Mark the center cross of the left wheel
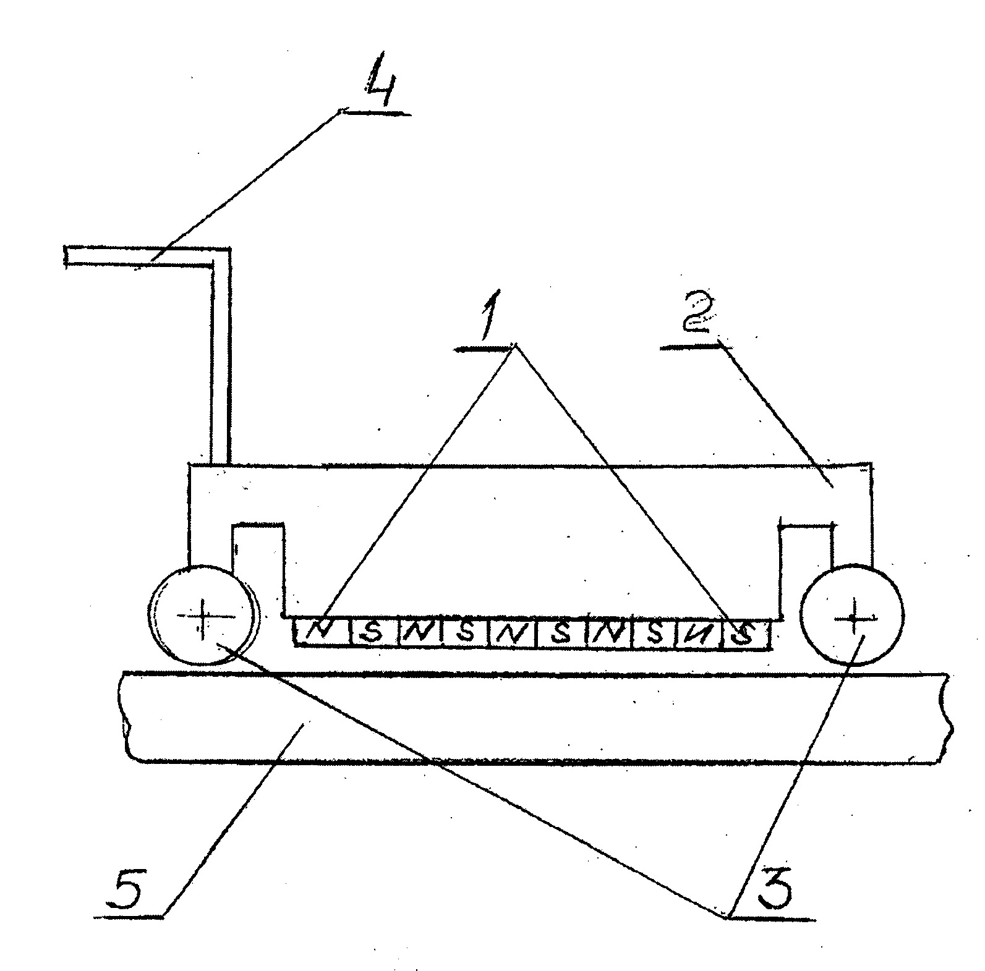(x=203, y=616)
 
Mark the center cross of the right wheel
(x=854, y=616)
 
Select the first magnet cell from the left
(x=321, y=632)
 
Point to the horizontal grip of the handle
(x=139, y=257)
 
